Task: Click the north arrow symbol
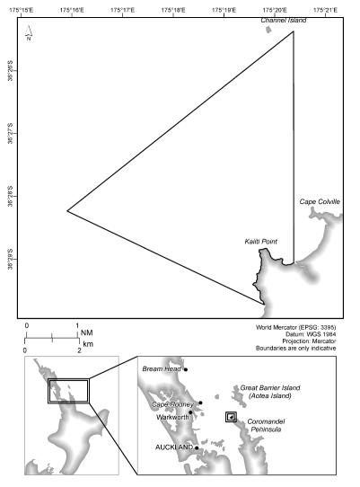(29, 35)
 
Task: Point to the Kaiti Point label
(259, 242)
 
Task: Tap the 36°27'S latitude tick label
(9, 137)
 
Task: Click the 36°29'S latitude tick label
(9, 262)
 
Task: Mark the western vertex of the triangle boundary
(67, 211)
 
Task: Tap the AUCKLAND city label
(174, 447)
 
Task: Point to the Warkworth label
(171, 417)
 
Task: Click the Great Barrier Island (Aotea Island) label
(269, 392)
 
